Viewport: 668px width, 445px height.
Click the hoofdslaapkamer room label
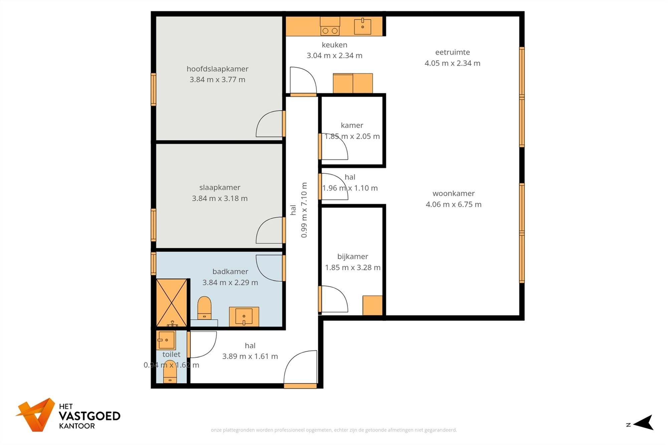[217, 69]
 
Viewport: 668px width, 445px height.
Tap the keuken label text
[334, 45]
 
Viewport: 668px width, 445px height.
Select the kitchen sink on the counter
[362, 26]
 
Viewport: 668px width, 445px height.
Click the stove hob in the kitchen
[330, 26]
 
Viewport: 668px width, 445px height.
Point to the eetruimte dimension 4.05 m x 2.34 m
[453, 63]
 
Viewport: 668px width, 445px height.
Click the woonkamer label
[454, 193]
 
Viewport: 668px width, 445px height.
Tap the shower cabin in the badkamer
[172, 303]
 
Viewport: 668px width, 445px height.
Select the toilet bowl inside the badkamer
[204, 308]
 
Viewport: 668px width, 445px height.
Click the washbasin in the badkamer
[244, 316]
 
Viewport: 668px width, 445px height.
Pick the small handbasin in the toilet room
[166, 340]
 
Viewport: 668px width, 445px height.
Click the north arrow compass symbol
[643, 422]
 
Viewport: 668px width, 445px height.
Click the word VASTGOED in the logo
[90, 416]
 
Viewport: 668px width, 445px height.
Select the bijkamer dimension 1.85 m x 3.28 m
[353, 267]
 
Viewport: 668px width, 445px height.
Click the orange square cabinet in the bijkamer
[372, 305]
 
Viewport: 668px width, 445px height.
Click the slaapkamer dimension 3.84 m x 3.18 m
[220, 198]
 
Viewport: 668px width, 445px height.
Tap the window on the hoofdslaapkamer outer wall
[153, 89]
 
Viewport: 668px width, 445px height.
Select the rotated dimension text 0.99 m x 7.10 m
[304, 210]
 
